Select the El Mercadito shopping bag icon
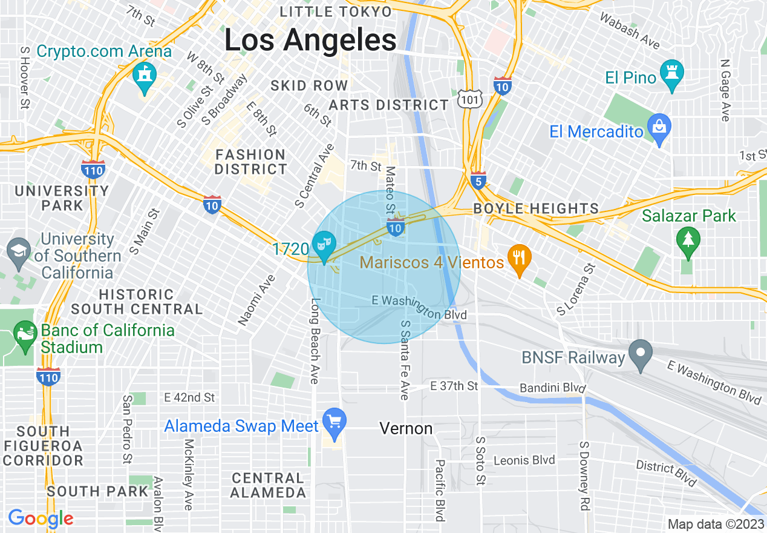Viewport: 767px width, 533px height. [x=659, y=127]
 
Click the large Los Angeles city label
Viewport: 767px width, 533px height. [x=310, y=41]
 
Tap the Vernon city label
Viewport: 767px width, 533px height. [x=406, y=429]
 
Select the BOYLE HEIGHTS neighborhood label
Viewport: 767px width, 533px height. [x=536, y=209]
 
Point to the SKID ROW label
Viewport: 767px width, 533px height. [x=309, y=85]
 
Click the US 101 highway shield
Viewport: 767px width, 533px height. [x=468, y=99]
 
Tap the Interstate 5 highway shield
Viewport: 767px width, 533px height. [x=478, y=181]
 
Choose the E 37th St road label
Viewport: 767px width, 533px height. [x=454, y=386]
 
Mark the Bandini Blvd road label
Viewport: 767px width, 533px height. [x=553, y=387]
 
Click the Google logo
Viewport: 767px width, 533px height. [x=41, y=518]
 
